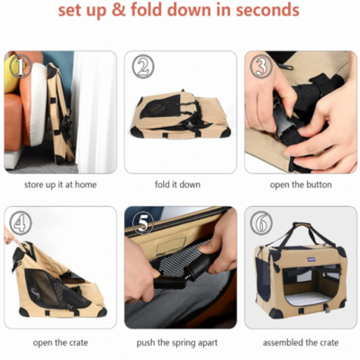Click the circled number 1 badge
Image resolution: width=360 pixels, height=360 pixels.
(21, 67)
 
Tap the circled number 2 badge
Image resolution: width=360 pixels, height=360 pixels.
(142, 67)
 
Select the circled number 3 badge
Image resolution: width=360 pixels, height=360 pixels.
(261, 67)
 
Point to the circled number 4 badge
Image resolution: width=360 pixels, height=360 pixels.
(21, 223)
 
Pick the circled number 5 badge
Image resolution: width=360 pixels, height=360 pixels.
(142, 223)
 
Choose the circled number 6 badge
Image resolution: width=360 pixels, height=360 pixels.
(261, 223)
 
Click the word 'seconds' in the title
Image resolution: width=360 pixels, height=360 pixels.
(267, 10)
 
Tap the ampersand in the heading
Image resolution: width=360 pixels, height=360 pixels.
(118, 10)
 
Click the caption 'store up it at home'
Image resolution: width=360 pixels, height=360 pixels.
(60, 184)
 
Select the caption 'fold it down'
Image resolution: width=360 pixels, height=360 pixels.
(177, 184)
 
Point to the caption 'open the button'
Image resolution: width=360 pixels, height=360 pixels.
(301, 184)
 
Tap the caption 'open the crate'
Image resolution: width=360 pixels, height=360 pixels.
(60, 343)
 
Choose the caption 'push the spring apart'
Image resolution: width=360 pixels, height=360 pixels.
(177, 343)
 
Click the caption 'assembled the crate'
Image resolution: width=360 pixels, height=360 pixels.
(301, 343)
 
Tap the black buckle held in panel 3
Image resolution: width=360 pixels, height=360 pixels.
(283, 120)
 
